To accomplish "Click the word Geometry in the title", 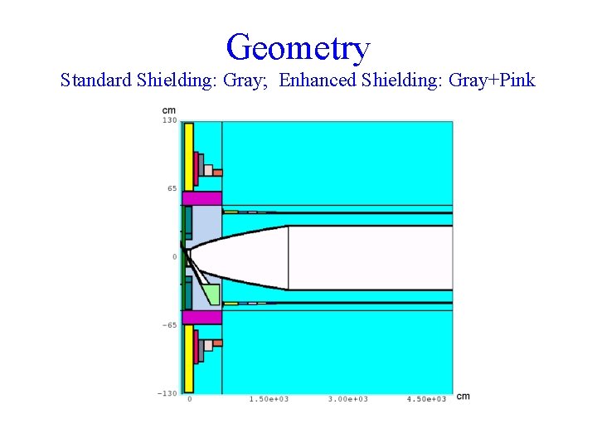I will point(298,47).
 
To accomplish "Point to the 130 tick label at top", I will point(169,121).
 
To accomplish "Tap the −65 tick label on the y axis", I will point(168,325).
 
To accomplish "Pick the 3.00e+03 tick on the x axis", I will point(348,399).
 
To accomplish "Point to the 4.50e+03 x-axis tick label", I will point(427,399).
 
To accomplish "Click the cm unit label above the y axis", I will point(169,110).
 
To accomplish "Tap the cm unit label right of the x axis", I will point(463,397).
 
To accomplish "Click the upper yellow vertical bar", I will point(188,157).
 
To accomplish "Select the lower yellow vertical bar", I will point(188,358).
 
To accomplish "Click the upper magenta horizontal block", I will point(202,198).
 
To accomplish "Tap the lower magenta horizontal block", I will point(202,317).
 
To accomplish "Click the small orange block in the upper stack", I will point(218,173).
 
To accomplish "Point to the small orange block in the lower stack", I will point(217,343).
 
